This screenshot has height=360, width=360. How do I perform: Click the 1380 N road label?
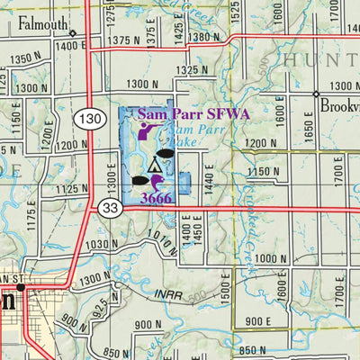[x=204, y=37]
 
